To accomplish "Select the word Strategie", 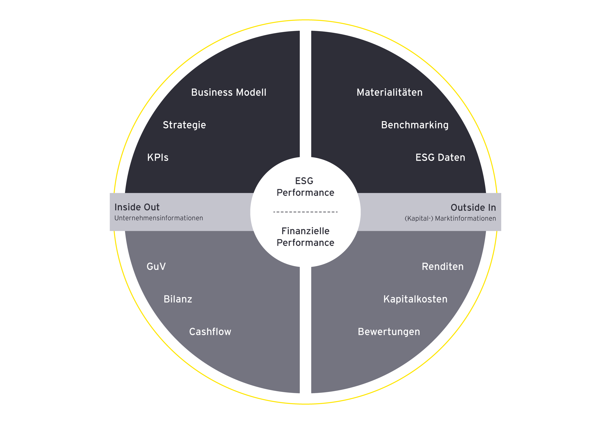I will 184,125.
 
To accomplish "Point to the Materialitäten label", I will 389,92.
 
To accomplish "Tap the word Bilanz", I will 178,299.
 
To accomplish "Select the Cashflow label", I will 210,332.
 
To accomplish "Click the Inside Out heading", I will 137,207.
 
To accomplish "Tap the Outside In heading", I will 473,208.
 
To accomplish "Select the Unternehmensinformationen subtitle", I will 159,218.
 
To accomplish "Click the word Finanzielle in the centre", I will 305,231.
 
